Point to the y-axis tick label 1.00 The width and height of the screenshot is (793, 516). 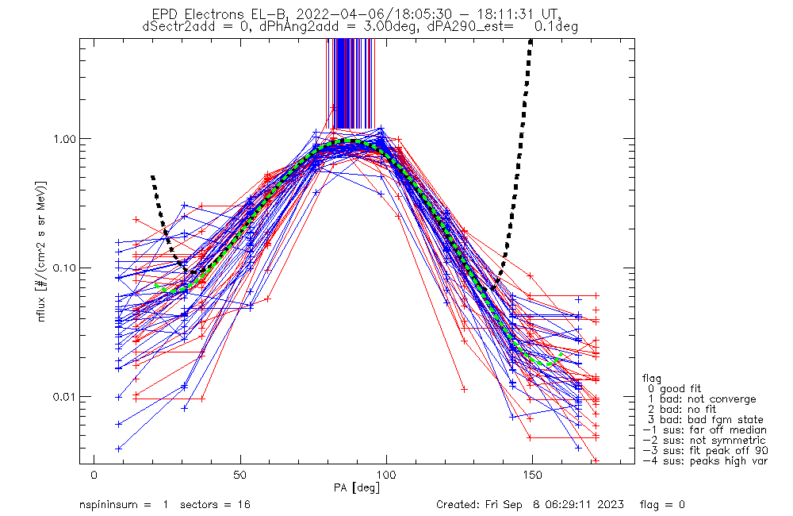pyautogui.click(x=65, y=138)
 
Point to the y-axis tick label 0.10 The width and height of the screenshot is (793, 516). pyautogui.click(x=65, y=268)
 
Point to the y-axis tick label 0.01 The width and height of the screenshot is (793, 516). pyautogui.click(x=65, y=396)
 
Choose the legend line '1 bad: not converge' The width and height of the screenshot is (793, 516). pyautogui.click(x=702, y=399)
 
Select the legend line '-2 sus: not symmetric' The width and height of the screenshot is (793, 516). pyautogui.click(x=704, y=441)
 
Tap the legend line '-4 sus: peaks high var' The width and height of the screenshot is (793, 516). pyautogui.click(x=705, y=461)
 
